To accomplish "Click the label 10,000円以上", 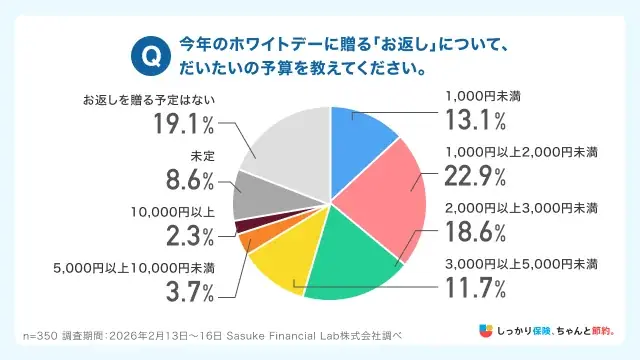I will (x=172, y=212).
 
